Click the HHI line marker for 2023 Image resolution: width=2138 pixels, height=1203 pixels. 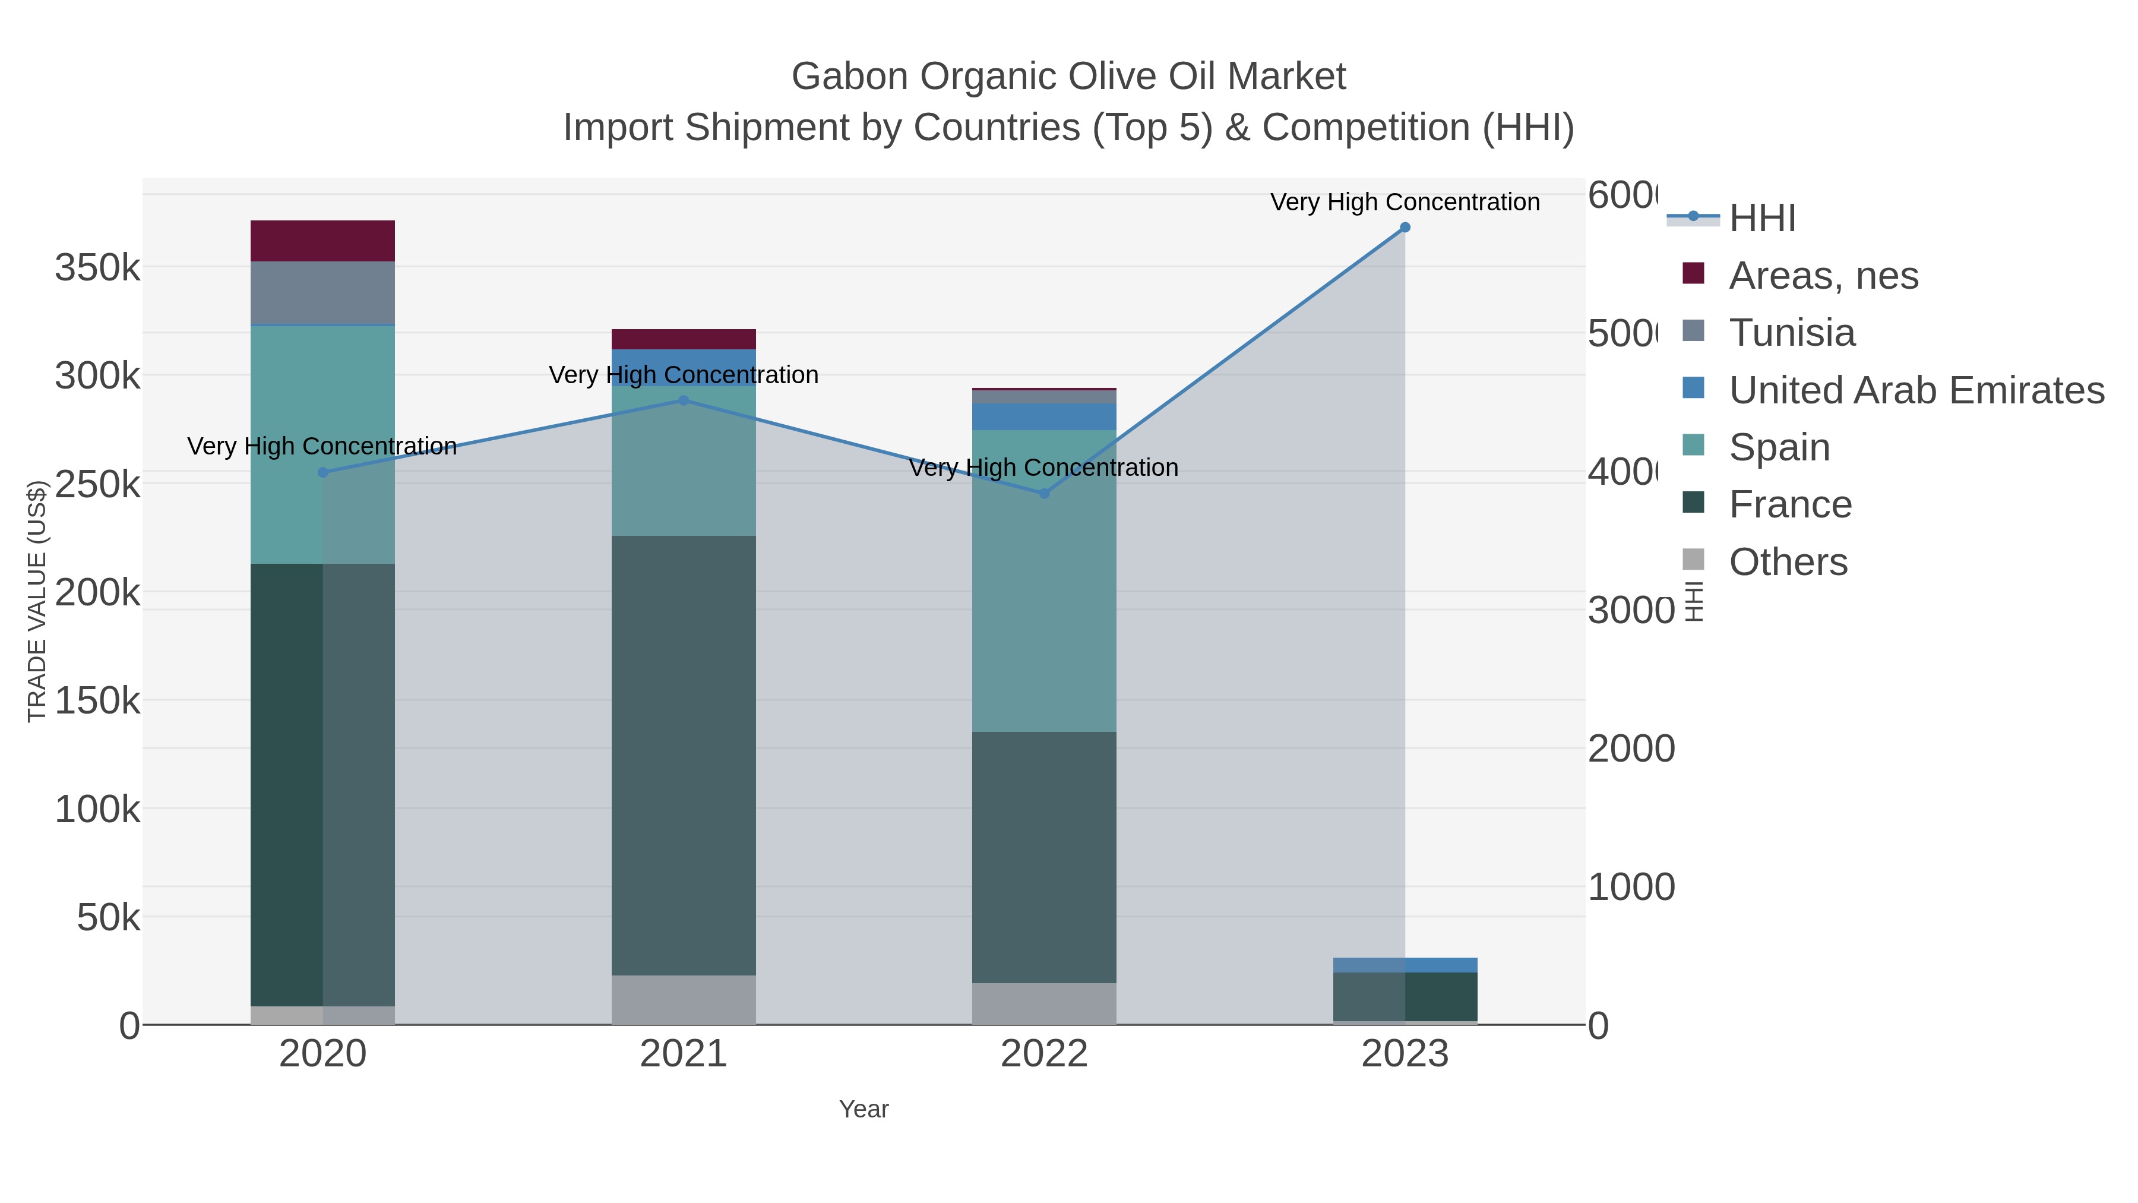coord(1405,228)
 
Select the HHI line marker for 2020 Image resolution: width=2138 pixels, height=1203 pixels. coord(323,472)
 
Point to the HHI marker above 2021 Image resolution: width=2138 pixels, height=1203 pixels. coord(684,400)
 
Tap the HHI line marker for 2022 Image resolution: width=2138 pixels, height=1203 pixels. coord(1044,493)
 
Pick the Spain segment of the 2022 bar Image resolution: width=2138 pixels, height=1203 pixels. coord(1044,580)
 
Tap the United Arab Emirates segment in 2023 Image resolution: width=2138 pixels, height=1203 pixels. coord(1405,965)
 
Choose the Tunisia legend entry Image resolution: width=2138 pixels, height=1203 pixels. coord(1791,333)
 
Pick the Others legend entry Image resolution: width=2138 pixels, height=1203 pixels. coord(1788,562)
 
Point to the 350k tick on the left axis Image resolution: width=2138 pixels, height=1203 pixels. coord(97,268)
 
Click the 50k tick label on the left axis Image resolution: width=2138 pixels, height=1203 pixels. coord(108,917)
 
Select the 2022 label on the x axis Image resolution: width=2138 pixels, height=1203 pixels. coord(1044,1053)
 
